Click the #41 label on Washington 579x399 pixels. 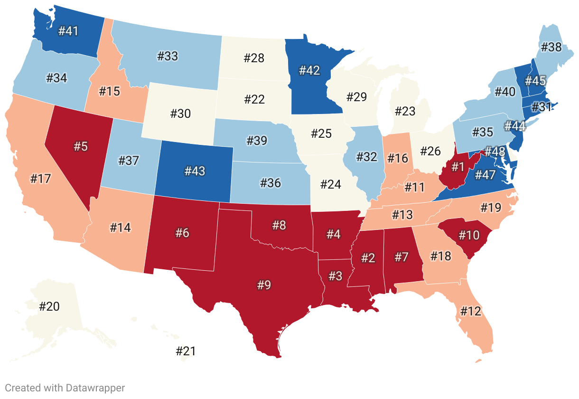(68, 31)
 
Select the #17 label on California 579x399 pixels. (40, 179)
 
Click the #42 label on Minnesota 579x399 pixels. (309, 70)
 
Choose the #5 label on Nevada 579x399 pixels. (81, 146)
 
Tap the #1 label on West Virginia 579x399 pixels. (457, 167)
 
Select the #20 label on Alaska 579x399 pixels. (49, 306)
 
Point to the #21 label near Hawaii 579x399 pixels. (186, 351)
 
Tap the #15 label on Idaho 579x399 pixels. (110, 91)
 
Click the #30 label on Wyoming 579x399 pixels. (180, 114)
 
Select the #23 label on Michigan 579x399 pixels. (405, 111)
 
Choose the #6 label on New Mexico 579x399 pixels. (182, 233)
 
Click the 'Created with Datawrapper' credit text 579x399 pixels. (65, 388)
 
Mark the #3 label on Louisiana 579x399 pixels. (336, 275)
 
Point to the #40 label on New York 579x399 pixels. (504, 92)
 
